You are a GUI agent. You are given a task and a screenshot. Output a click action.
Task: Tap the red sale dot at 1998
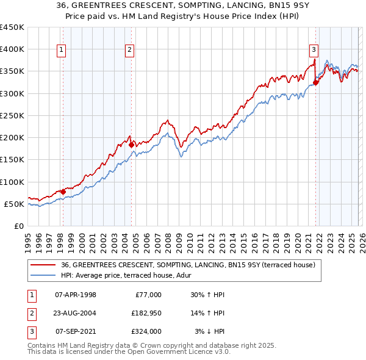click(63, 192)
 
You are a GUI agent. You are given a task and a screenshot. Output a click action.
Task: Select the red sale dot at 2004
click(131, 145)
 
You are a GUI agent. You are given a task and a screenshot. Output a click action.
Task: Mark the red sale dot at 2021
click(316, 82)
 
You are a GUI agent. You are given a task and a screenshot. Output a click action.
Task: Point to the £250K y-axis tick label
click(12, 115)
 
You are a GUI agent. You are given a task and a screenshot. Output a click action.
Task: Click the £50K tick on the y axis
click(15, 204)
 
